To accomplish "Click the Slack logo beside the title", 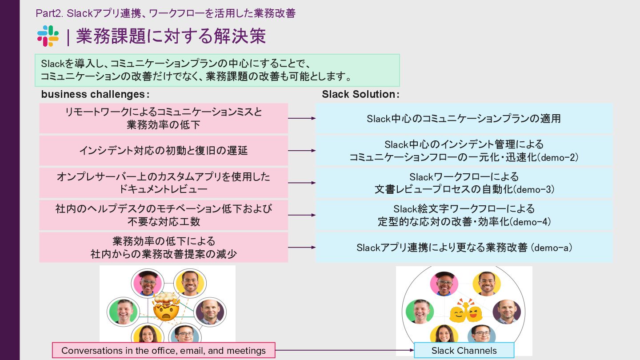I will pyautogui.click(x=48, y=36).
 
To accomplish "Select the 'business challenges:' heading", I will pyautogui.click(x=95, y=94).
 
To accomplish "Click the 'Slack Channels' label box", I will pyautogui.click(x=464, y=350).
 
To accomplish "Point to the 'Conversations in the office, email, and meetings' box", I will pyautogui.click(x=164, y=350).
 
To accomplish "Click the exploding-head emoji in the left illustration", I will pyautogui.click(x=166, y=306).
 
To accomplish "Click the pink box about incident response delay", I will pyautogui.click(x=164, y=151).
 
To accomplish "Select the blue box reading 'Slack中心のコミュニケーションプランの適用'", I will pyautogui.click(x=464, y=119).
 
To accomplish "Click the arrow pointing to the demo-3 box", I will pyautogui.click(x=302, y=183).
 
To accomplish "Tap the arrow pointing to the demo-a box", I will pyautogui.click(x=302, y=248).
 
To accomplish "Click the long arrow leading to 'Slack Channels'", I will pyautogui.click(x=344, y=350).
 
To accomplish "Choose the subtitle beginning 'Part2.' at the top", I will pyautogui.click(x=165, y=13).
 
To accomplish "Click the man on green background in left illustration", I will pyautogui.click(x=124, y=311).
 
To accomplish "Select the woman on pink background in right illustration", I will pyautogui.click(x=444, y=284).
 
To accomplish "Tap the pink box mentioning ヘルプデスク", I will pyautogui.click(x=164, y=215).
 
